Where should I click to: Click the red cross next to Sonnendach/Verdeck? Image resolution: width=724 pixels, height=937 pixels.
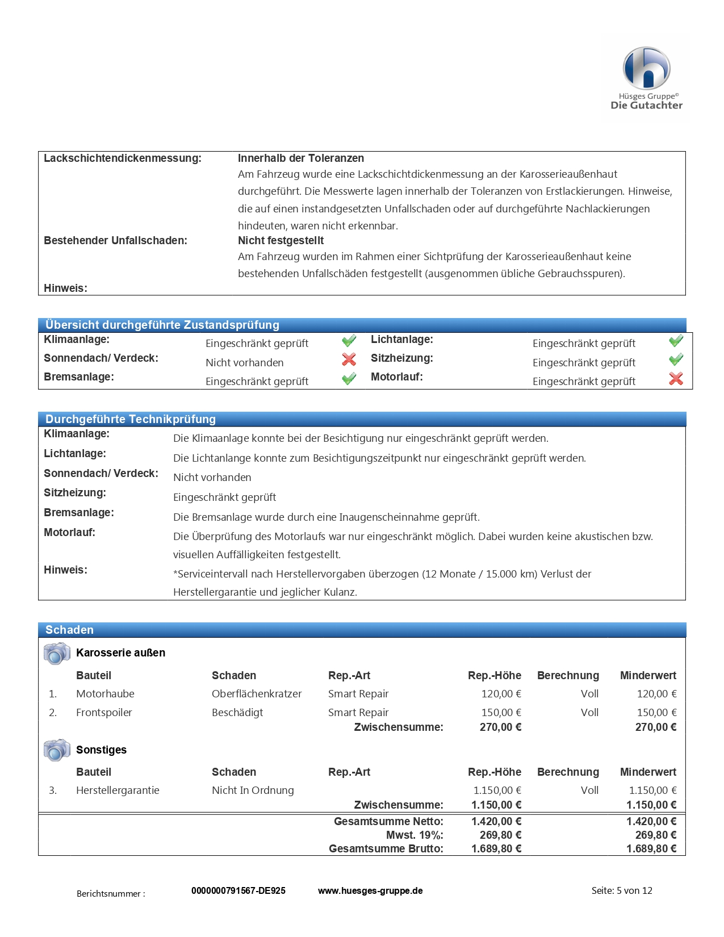click(349, 359)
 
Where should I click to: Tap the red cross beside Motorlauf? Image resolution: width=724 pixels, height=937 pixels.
click(676, 379)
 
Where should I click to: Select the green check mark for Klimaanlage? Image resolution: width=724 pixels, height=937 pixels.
click(349, 341)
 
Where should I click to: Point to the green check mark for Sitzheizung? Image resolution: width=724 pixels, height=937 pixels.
click(676, 359)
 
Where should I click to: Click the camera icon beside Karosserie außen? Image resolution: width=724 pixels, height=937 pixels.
click(56, 654)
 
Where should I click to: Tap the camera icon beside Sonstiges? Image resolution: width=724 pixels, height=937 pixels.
click(56, 750)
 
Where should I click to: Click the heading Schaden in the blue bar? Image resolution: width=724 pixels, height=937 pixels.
click(69, 630)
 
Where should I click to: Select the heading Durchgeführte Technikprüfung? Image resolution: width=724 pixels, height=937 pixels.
click(131, 419)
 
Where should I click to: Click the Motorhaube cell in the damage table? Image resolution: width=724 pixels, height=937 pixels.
click(105, 694)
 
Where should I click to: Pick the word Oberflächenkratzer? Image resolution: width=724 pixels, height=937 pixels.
click(257, 694)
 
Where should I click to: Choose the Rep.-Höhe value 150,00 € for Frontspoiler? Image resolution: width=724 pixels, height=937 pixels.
click(501, 713)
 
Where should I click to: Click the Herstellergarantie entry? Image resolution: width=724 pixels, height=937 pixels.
click(118, 790)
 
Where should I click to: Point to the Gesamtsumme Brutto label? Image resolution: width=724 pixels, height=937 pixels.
click(386, 849)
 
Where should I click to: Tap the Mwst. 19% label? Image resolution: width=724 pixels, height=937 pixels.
click(415, 835)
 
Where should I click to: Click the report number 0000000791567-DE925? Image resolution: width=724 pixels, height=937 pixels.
click(238, 891)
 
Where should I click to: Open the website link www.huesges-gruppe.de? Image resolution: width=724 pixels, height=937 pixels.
click(370, 891)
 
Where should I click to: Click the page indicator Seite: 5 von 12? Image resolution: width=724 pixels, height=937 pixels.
click(622, 891)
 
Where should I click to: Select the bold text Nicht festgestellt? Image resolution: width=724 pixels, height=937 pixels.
click(281, 241)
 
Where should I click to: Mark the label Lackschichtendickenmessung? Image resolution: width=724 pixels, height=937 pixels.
click(123, 158)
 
